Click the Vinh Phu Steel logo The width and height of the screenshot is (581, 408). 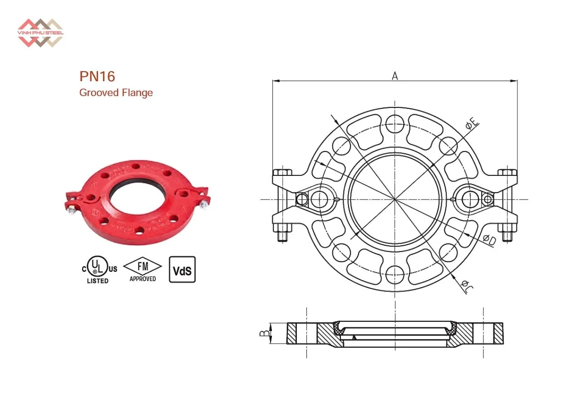tap(40, 33)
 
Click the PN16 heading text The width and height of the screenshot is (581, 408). tap(97, 76)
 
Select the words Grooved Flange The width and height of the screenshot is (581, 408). tap(116, 93)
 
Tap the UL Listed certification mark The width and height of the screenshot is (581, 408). tap(98, 270)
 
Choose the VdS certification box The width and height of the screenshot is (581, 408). tap(182, 270)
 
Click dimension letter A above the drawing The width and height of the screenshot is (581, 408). tap(395, 76)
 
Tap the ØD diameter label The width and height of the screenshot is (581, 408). tap(489, 240)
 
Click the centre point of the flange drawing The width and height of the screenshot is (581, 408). tap(395, 199)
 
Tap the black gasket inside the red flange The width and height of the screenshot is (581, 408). tap(136, 187)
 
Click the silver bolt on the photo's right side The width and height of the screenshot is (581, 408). tap(203, 205)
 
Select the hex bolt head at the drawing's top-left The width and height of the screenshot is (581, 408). tap(282, 173)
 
